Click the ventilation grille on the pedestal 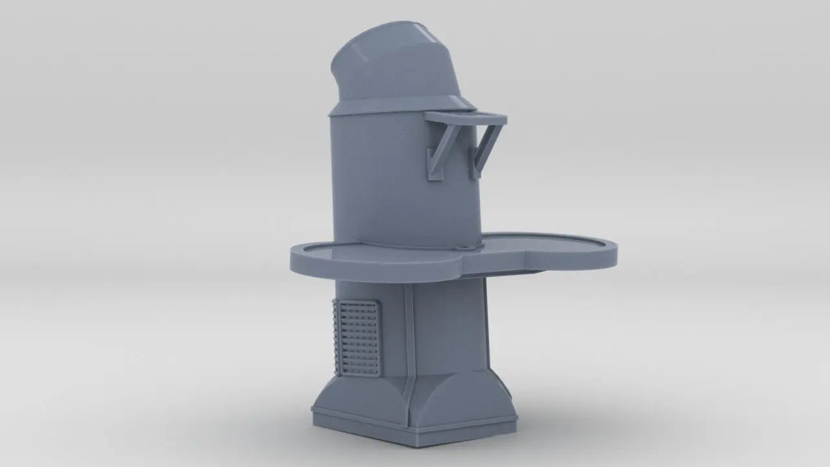point(357,337)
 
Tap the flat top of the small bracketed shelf point(466,117)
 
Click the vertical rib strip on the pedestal point(409,337)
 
